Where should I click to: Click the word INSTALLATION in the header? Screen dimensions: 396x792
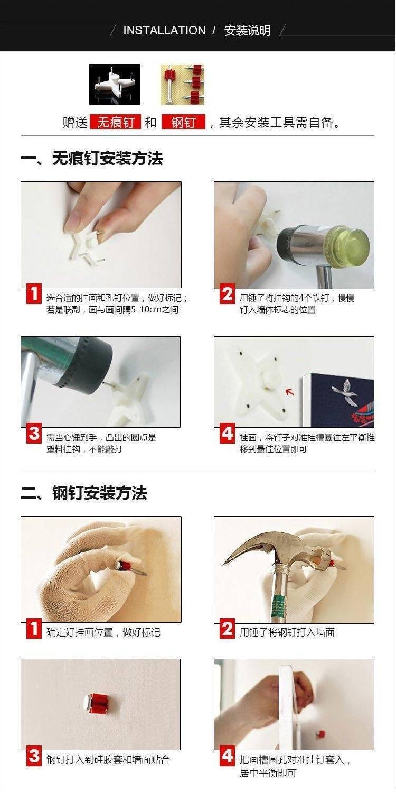coord(164,31)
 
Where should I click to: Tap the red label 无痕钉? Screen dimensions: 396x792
coord(116,122)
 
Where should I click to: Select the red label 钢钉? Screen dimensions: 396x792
coord(183,122)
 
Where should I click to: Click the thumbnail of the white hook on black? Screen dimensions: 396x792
coord(115,84)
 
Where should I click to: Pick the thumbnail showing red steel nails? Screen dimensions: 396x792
coord(182,85)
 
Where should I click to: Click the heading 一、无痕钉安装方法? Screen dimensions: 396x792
coord(92,159)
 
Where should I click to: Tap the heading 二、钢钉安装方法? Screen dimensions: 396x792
coord(84,493)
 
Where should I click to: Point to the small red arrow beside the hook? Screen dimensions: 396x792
coord(290,391)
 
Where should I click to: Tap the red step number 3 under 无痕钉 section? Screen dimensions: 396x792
coord(34,433)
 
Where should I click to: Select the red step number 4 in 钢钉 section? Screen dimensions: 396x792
coord(227,756)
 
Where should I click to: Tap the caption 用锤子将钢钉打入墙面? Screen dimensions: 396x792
coord(287,632)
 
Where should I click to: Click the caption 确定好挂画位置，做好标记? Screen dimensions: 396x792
coord(103,632)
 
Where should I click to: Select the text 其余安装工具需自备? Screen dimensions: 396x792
coord(276,122)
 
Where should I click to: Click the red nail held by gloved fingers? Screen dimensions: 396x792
coord(131,568)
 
